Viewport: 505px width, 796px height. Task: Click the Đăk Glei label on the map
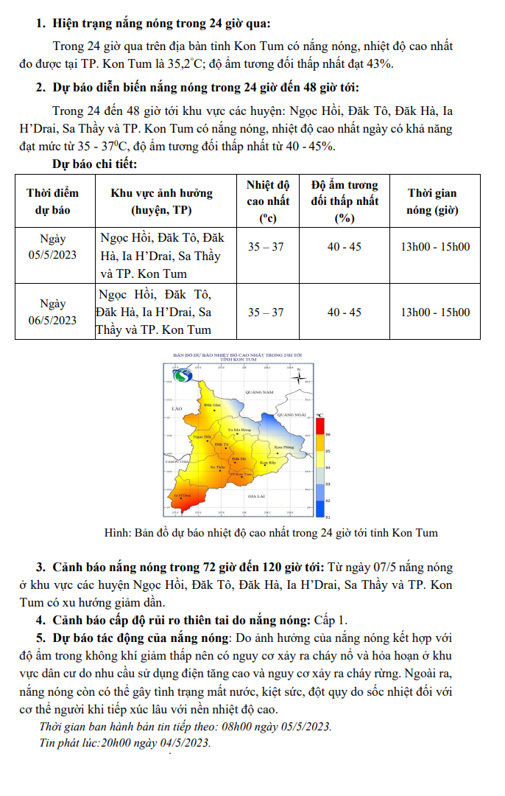[x=212, y=405]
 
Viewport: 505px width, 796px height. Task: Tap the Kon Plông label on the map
[x=284, y=447]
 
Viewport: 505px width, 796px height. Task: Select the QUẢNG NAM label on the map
[x=259, y=392]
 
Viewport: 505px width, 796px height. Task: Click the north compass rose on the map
[x=299, y=379]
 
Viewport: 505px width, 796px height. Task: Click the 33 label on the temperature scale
[x=328, y=483]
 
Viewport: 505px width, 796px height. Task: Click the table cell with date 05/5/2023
[x=53, y=247]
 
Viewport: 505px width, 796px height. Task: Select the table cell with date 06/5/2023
[x=53, y=312]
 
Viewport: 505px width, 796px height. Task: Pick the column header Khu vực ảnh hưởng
[x=161, y=201]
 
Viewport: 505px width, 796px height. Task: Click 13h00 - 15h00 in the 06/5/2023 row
[x=434, y=313]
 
